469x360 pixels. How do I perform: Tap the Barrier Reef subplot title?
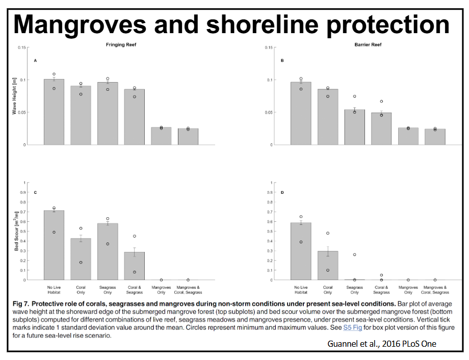coord(368,45)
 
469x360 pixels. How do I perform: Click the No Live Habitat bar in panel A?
coord(54,112)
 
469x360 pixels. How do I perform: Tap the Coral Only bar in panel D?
coord(328,265)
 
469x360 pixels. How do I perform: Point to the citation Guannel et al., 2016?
coord(381,344)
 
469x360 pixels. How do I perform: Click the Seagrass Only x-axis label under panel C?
coord(108,290)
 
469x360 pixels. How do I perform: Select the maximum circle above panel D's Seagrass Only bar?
coord(355,254)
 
